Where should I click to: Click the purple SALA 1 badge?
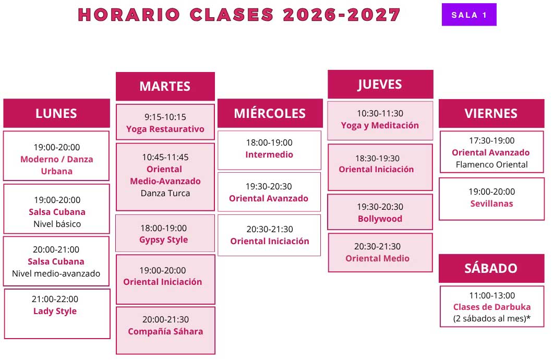point(469,15)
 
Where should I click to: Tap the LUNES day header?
point(56,113)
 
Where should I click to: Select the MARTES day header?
point(165,87)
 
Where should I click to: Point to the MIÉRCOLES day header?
point(270,113)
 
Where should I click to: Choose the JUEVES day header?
point(380,85)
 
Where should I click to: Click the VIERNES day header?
point(491,113)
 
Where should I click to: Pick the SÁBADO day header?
point(491,268)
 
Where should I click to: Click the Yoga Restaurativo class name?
point(165,129)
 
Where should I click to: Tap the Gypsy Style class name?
point(164,240)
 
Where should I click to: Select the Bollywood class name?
point(380,219)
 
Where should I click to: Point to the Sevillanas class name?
point(491,203)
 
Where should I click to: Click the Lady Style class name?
point(55,311)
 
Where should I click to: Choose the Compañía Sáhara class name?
point(165,331)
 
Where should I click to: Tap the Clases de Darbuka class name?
point(491,307)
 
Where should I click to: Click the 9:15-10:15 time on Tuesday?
point(165,117)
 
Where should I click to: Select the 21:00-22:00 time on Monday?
point(55,299)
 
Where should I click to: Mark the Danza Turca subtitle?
point(165,193)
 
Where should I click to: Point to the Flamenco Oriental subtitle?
point(491,165)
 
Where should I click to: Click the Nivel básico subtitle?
point(57,224)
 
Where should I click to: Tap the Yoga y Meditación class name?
point(380,126)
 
